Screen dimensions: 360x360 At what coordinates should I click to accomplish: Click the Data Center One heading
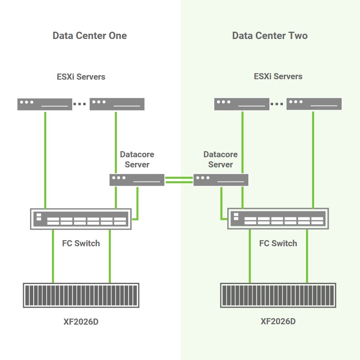[90, 36]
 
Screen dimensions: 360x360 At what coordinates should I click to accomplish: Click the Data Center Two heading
[269, 36]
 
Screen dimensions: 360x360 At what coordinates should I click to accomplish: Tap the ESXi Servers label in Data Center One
[81, 77]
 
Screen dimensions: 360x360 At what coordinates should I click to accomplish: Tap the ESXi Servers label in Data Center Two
[278, 76]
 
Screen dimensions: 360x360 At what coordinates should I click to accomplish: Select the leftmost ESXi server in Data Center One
[45, 104]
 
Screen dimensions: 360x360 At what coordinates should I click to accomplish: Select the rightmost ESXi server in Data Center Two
[314, 104]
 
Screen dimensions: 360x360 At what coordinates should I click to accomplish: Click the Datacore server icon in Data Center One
[137, 180]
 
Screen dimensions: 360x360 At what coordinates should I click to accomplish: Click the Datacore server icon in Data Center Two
[220, 180]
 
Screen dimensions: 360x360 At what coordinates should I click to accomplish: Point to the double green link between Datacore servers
[179, 180]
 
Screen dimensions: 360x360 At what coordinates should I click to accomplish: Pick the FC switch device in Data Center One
[81, 219]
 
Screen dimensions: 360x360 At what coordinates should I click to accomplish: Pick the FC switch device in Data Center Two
[278, 219]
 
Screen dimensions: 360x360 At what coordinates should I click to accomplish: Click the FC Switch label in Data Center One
[81, 243]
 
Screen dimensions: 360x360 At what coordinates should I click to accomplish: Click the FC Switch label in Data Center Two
[278, 243]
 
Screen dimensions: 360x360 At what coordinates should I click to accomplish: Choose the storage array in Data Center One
[81, 295]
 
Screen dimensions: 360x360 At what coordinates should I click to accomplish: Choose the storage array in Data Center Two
[278, 295]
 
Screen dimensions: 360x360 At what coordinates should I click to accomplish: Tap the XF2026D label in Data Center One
[81, 322]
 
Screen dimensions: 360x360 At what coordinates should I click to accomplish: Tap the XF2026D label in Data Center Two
[278, 322]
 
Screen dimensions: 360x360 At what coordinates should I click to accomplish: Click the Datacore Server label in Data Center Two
[220, 160]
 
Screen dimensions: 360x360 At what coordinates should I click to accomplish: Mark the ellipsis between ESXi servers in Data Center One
[80, 104]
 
